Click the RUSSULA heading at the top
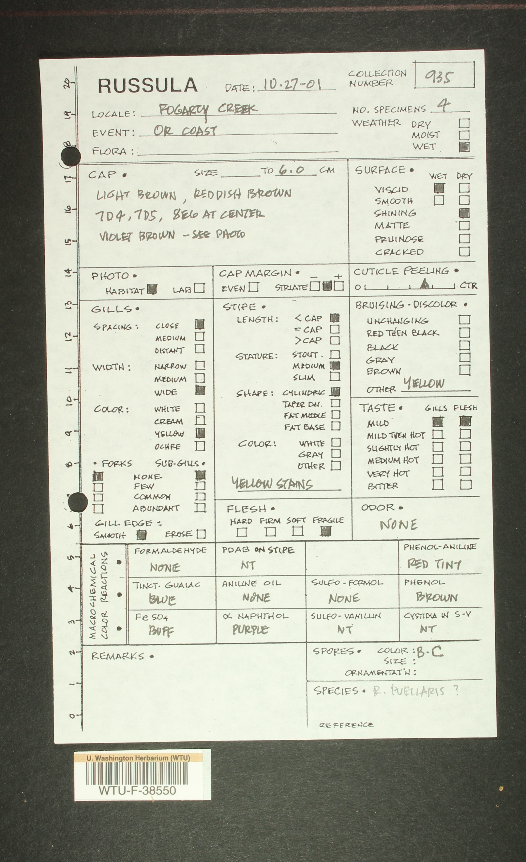pos(147,85)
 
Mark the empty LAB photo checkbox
pos(199,288)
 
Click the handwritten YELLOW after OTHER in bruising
pos(424,383)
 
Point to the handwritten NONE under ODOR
pos(398,525)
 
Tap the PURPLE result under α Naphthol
pos(250,630)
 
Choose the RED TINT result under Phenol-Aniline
pos(434,564)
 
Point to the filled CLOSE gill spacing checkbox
pos(200,324)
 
